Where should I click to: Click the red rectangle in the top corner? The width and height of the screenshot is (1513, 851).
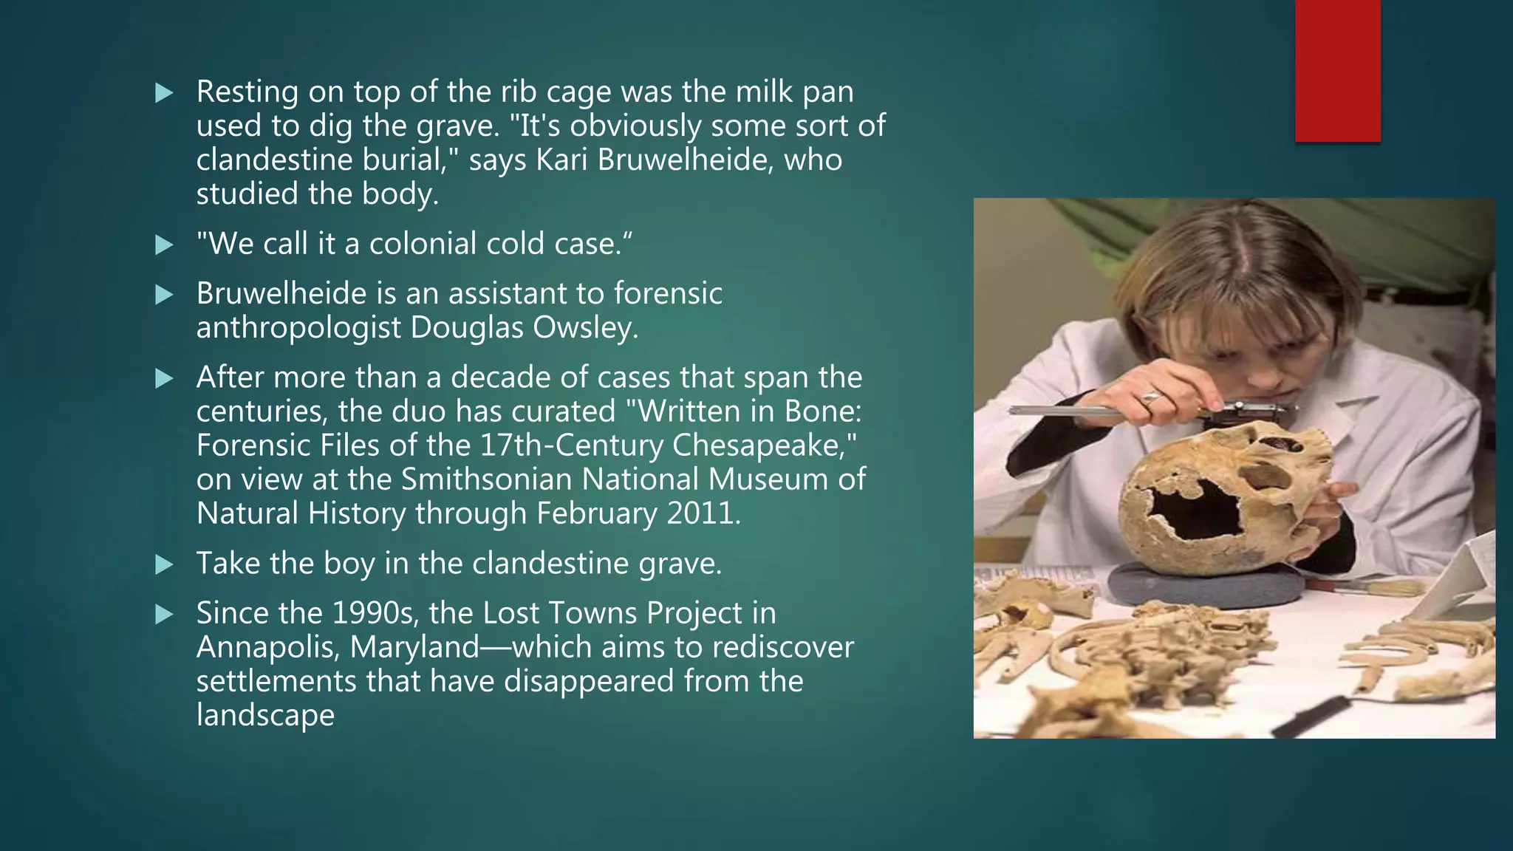(x=1337, y=70)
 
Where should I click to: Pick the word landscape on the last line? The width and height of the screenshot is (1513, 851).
(x=265, y=715)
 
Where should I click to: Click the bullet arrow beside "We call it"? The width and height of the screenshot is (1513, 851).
(x=164, y=245)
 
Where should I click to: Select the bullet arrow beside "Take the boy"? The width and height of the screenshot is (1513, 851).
(x=164, y=565)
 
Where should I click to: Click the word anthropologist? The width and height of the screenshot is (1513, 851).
(x=298, y=327)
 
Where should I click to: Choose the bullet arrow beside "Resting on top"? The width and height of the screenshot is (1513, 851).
(x=164, y=93)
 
